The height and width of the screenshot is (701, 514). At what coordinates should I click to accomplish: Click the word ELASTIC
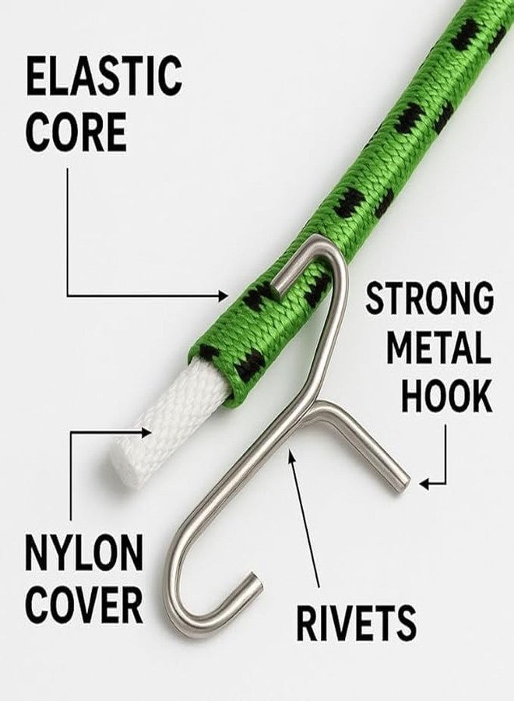(x=104, y=76)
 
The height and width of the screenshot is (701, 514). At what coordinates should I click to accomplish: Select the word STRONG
(x=430, y=298)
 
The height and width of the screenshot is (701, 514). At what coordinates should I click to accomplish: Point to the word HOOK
(x=446, y=396)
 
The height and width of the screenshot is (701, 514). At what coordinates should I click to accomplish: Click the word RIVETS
(x=356, y=622)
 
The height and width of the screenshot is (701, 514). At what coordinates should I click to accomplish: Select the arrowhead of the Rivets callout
(x=291, y=456)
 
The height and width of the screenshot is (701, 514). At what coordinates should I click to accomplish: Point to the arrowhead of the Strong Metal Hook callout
(x=424, y=483)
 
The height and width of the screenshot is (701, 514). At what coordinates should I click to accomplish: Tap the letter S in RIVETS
(x=405, y=622)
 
